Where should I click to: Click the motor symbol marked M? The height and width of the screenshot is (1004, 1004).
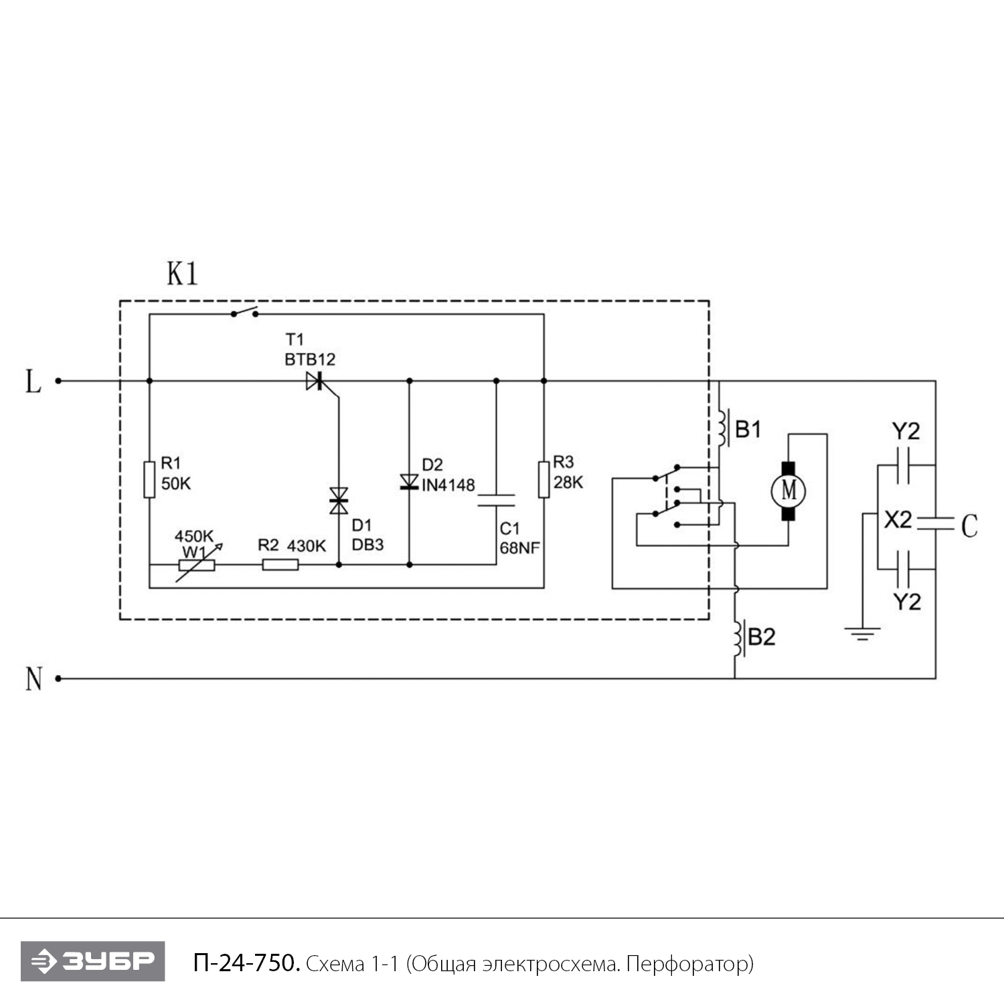click(788, 491)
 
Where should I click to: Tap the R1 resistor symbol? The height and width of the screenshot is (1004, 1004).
click(149, 479)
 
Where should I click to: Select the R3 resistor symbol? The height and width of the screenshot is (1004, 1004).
click(543, 479)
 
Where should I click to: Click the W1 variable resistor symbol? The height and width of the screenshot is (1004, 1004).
click(197, 565)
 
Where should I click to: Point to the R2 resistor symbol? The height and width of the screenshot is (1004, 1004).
click(280, 565)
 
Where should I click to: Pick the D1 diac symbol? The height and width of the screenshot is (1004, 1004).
click(339, 501)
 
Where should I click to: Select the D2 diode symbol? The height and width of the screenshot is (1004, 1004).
click(409, 481)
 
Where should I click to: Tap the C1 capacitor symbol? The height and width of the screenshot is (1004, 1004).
click(496, 500)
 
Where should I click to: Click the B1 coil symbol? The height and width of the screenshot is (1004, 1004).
click(722, 428)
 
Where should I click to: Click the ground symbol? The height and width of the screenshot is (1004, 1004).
click(863, 633)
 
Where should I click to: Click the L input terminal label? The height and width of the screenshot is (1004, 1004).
click(33, 382)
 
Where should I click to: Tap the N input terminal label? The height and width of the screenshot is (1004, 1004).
click(33, 679)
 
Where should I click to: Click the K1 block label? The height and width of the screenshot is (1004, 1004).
click(182, 273)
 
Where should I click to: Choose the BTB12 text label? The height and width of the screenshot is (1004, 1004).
click(310, 359)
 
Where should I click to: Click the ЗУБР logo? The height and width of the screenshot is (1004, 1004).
click(92, 961)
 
